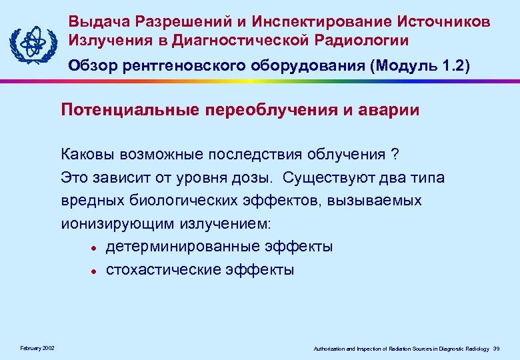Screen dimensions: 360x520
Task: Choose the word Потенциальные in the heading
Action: (127, 110)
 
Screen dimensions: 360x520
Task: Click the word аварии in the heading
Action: (393, 110)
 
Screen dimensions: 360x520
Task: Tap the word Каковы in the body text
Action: (87, 155)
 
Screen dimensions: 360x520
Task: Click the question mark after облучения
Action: (395, 155)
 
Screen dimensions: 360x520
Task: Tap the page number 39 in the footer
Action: (504, 349)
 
